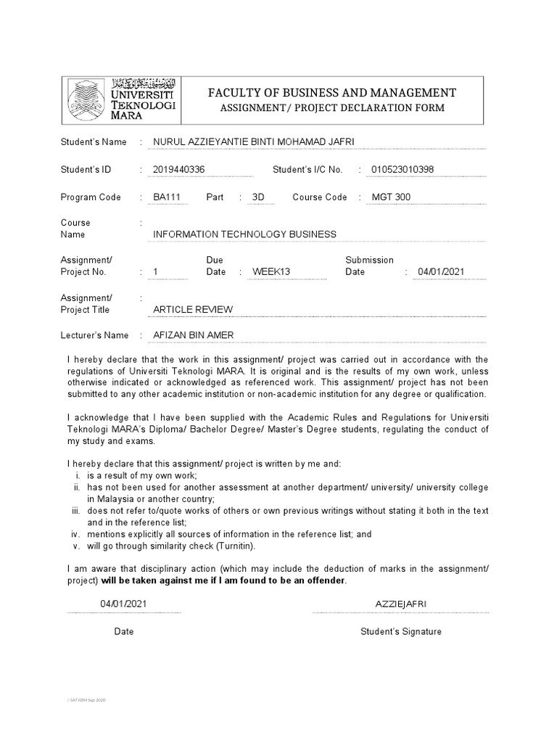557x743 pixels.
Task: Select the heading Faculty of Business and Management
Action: coord(332,92)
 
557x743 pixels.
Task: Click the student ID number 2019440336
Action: coord(179,170)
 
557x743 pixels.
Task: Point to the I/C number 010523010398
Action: coord(403,170)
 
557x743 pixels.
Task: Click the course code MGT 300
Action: coord(391,197)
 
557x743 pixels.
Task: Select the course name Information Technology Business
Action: coord(245,234)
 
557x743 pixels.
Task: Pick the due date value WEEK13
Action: coord(271,272)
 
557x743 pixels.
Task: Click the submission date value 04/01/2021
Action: coord(441,272)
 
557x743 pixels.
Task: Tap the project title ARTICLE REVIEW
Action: coord(193,310)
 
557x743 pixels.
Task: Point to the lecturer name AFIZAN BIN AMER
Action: coord(194,335)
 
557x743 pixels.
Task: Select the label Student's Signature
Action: coord(401,632)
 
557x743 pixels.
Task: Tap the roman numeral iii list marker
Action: coord(77,511)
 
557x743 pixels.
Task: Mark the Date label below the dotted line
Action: coord(124,632)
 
